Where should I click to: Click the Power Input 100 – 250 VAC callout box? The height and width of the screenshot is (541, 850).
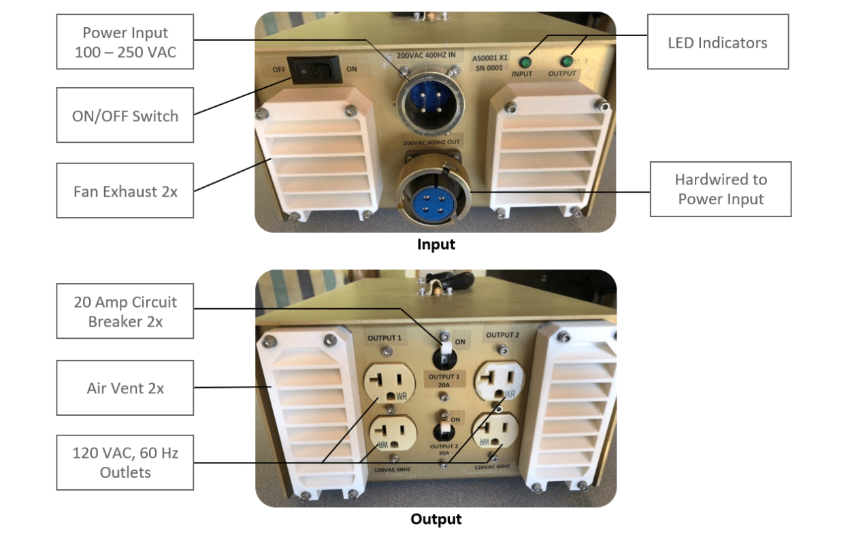[x=125, y=42]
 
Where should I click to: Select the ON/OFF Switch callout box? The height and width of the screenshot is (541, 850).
[x=125, y=116]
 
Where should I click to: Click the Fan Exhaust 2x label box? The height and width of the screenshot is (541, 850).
[x=125, y=191]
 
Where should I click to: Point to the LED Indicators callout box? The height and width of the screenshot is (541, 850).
[x=717, y=42]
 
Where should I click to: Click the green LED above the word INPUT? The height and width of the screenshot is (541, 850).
[x=526, y=60]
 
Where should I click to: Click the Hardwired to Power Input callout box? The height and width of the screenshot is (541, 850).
[x=720, y=189]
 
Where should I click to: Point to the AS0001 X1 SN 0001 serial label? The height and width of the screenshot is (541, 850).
[x=489, y=63]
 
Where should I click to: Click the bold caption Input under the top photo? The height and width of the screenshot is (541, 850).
[x=436, y=244]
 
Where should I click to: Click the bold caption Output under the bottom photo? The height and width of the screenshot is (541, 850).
[x=436, y=519]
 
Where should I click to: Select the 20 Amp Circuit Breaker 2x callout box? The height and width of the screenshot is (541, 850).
[x=125, y=311]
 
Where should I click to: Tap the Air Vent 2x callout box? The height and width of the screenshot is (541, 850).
[x=125, y=388]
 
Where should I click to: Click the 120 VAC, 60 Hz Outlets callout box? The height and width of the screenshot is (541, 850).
[x=125, y=462]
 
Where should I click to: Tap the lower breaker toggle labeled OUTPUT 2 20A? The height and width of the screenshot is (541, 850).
[x=444, y=428]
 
